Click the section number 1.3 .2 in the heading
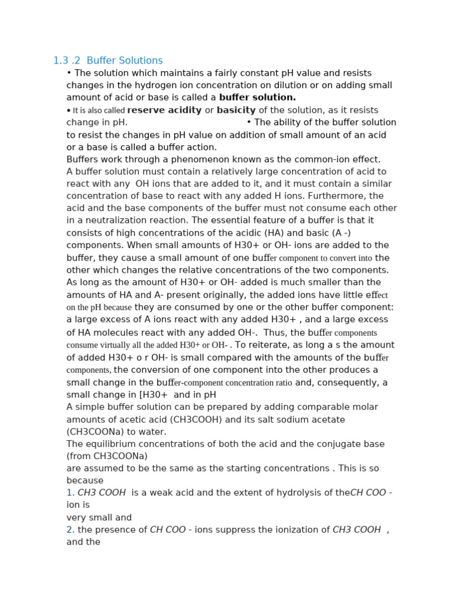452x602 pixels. pos(67,61)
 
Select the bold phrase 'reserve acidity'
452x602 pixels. pos(164,110)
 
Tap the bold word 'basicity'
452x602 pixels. pos(236,110)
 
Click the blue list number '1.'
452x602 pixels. pos(70,493)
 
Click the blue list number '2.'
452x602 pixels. pos(70,530)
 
